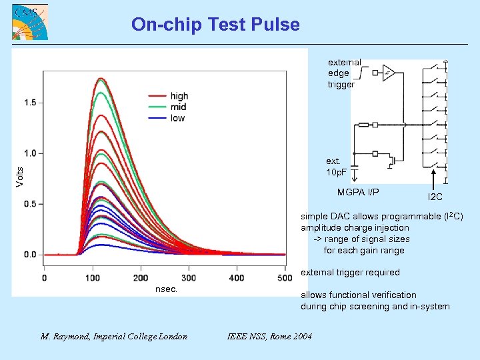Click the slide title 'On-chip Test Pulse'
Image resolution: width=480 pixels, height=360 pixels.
point(215,25)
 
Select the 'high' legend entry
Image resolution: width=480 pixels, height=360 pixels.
point(179,96)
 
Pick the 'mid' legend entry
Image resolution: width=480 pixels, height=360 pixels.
point(177,107)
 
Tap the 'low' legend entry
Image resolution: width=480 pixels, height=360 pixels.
point(177,118)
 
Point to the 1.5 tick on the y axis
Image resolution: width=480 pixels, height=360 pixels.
point(29,103)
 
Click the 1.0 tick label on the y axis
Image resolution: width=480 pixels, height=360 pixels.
point(29,153)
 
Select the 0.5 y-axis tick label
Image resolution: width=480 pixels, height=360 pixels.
point(29,204)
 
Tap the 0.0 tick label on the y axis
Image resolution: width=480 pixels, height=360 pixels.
point(29,255)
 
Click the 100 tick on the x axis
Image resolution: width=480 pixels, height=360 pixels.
point(92,277)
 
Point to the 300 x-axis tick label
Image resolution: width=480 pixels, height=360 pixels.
point(189,277)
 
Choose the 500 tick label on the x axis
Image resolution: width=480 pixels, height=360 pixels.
point(285,277)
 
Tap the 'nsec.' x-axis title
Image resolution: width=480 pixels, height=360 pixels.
point(166,289)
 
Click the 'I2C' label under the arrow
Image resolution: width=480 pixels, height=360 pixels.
point(435,197)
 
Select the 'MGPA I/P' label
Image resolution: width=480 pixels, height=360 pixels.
point(358,193)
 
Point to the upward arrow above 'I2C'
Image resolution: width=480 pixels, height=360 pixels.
point(435,179)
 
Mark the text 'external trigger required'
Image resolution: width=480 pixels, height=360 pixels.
point(350,272)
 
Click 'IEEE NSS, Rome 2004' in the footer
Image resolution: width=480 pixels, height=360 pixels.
point(269,336)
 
